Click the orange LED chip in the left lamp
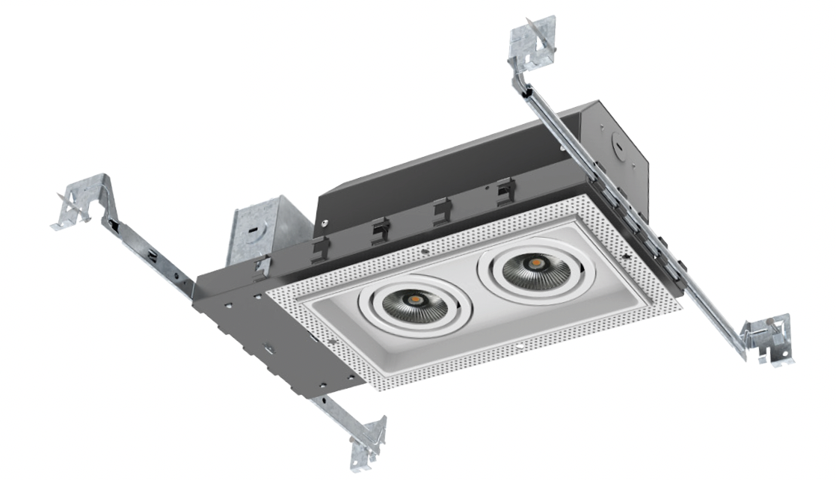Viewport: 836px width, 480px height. coord(412,298)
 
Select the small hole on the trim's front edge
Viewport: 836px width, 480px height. coord(520,348)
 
